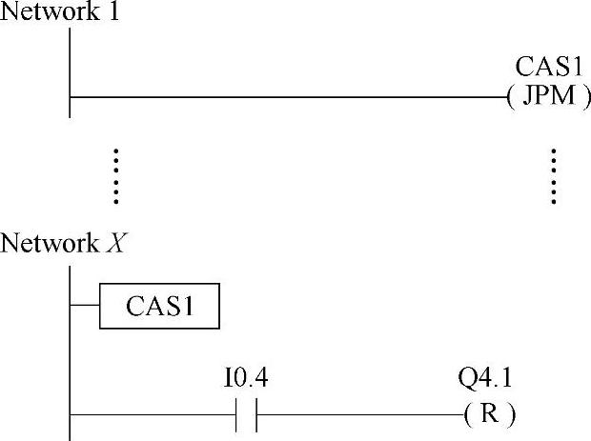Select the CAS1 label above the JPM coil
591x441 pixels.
click(x=548, y=69)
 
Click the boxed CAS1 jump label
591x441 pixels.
click(x=160, y=306)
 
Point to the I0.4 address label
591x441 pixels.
click(x=245, y=380)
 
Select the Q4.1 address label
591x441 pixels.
click(x=484, y=380)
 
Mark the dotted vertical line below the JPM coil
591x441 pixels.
click(x=553, y=176)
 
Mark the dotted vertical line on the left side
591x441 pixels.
click(x=116, y=176)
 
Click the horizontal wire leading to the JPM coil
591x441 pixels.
click(x=286, y=96)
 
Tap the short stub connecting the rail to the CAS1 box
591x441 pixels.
click(x=85, y=306)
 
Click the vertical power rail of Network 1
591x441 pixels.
click(x=70, y=71)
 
